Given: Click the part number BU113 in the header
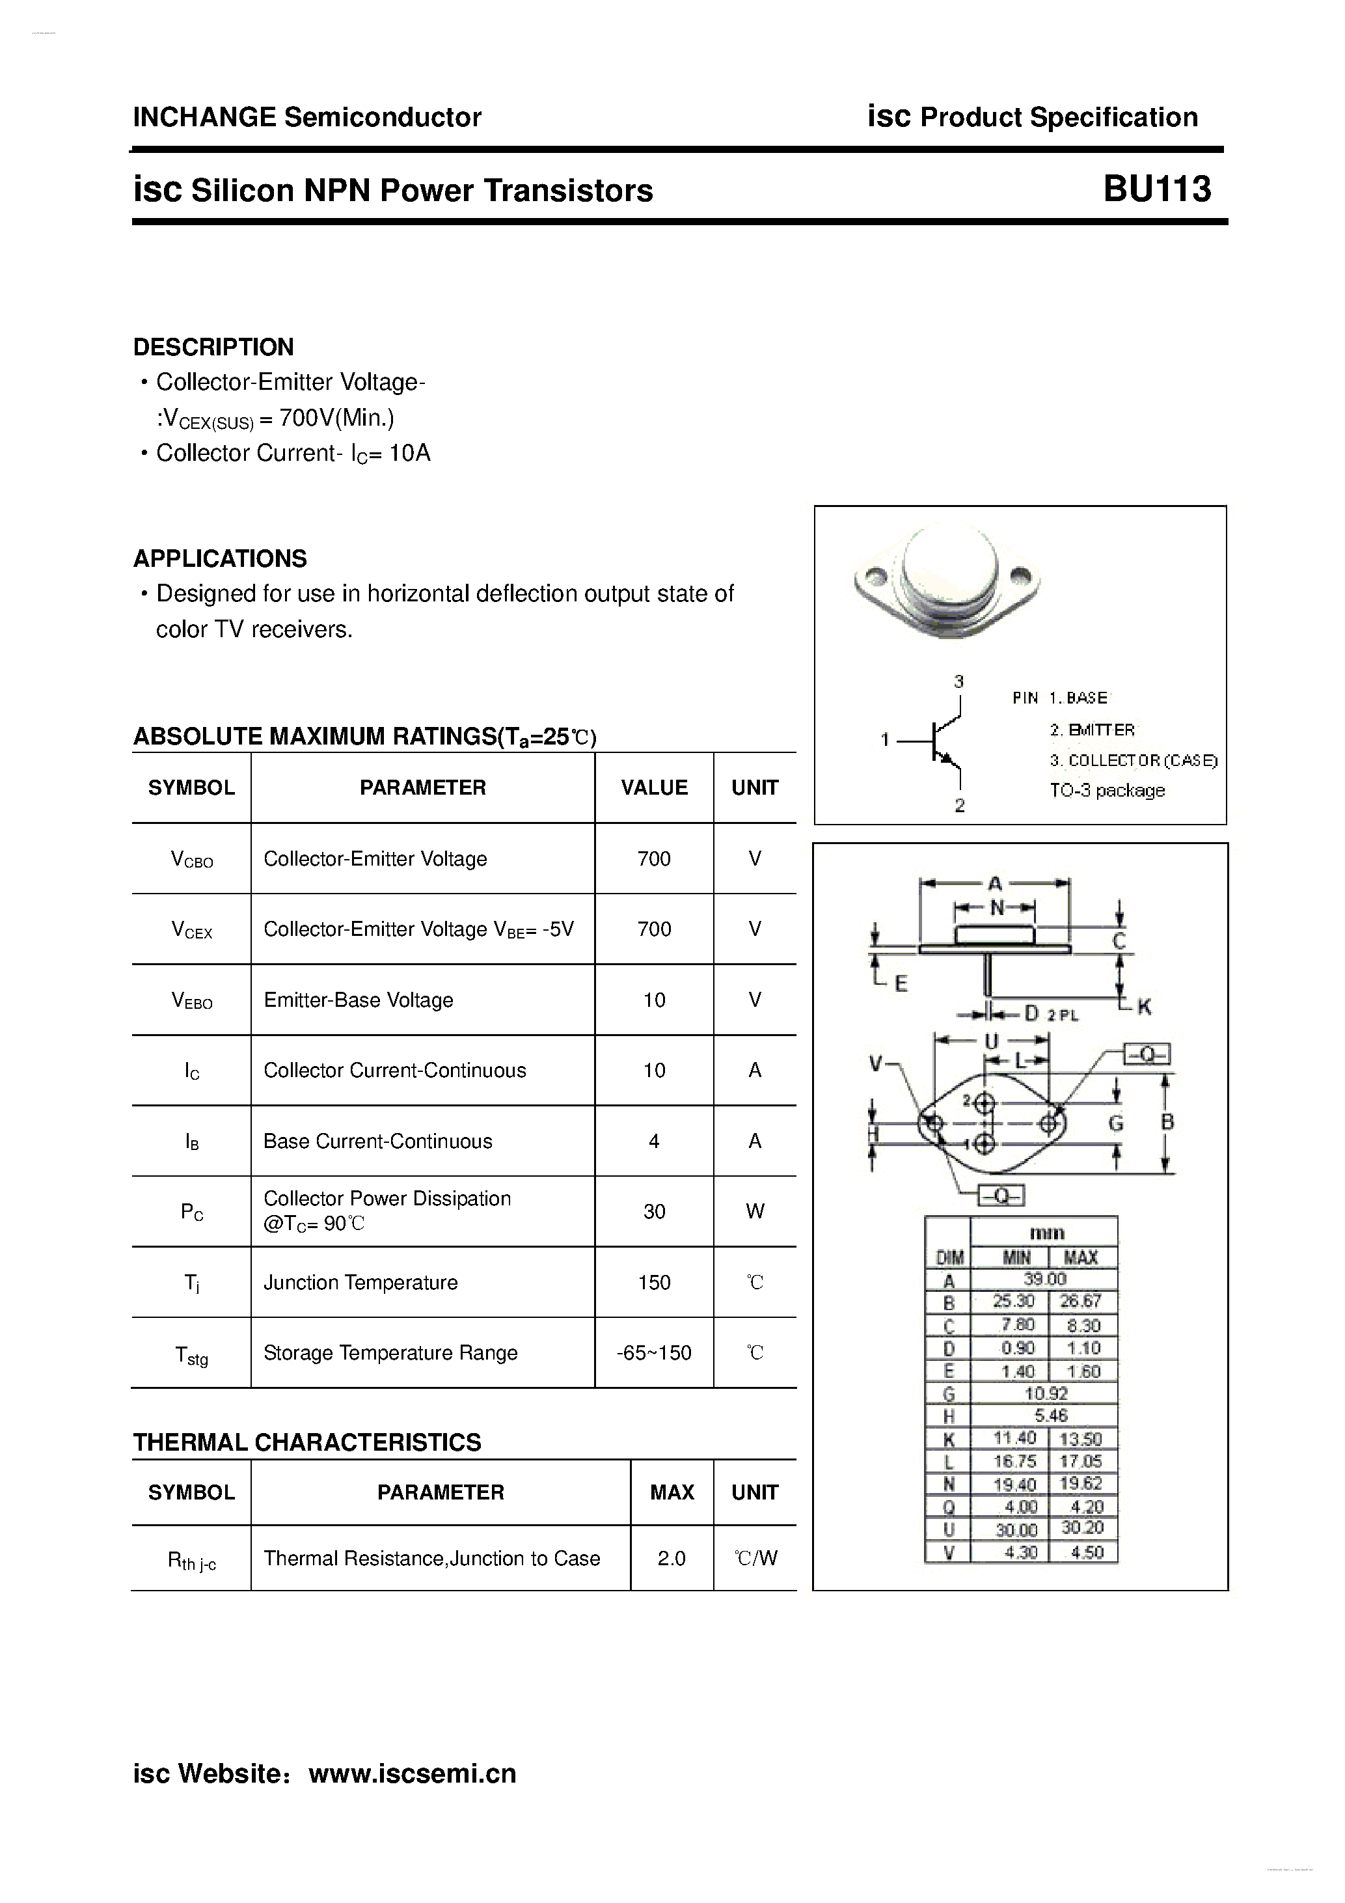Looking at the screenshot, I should tap(1157, 190).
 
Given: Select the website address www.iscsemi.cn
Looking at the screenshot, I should tap(412, 1773).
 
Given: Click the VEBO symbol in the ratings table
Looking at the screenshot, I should tap(191, 1000).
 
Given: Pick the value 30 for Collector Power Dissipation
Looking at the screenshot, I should tap(654, 1212).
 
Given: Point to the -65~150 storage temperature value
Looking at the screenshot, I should tap(654, 1352).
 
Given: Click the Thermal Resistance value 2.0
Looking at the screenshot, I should tap(672, 1558).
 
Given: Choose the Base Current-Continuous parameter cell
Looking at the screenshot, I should tap(378, 1142).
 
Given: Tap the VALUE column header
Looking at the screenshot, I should tap(654, 787).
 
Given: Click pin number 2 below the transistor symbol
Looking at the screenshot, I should tap(960, 805).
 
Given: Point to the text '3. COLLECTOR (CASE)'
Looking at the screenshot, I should tap(1133, 760).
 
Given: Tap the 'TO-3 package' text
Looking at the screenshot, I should tap(1107, 791).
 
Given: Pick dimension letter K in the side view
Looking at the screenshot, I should tap(1144, 1007).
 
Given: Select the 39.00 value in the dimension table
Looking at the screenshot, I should tap(1044, 1280).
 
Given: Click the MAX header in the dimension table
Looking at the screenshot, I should tap(1081, 1257).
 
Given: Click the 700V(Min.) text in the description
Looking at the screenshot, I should tap(336, 418).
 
